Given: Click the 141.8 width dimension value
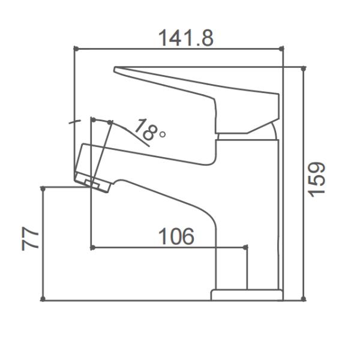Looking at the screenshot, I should (x=185, y=38).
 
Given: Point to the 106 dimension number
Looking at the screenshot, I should (x=176, y=236).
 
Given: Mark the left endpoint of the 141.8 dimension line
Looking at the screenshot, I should (x=74, y=48).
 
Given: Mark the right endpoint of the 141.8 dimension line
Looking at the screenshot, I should (x=283, y=48).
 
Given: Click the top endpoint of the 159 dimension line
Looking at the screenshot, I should (x=303, y=68).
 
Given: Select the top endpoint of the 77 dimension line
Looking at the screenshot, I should (x=43, y=188).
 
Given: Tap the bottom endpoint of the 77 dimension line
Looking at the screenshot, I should (x=43, y=298).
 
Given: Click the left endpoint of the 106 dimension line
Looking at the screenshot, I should (x=91, y=247).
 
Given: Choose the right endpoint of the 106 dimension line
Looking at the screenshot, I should (x=246, y=247).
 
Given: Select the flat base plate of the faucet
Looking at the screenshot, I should (x=247, y=295).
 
